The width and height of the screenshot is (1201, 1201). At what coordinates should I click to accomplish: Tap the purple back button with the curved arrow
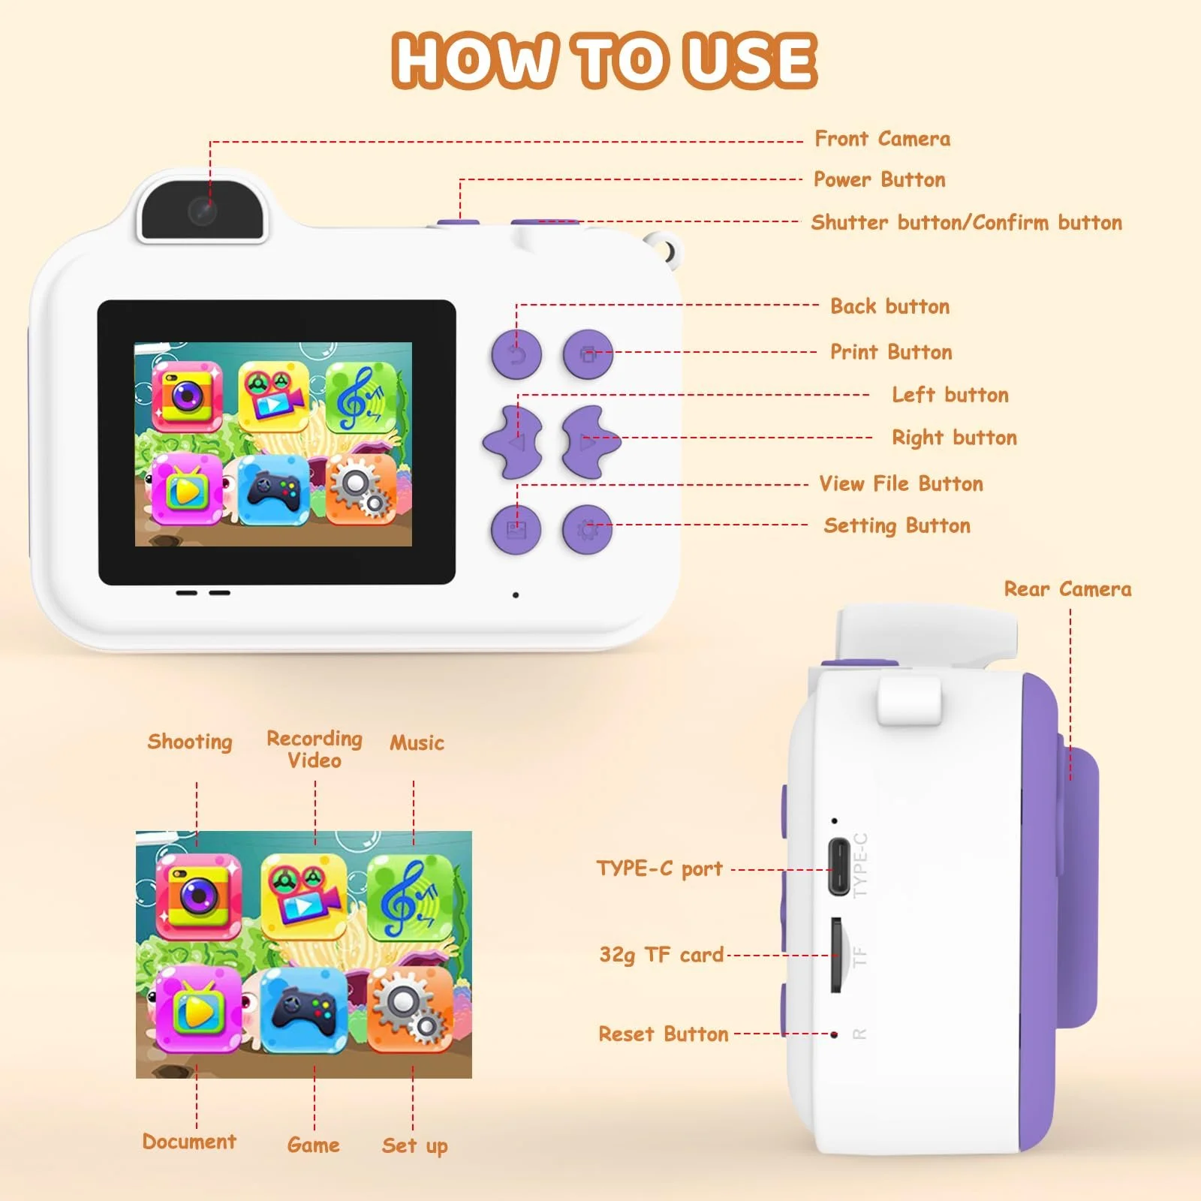pyautogui.click(x=516, y=354)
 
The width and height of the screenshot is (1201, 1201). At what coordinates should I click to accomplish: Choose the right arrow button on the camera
pyautogui.click(x=591, y=442)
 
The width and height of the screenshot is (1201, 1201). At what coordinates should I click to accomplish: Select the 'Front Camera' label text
pyautogui.click(x=883, y=139)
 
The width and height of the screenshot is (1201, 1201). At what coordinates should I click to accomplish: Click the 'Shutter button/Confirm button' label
pyautogui.click(x=967, y=222)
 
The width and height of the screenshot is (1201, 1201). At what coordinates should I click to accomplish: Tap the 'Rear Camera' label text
pyautogui.click(x=1067, y=589)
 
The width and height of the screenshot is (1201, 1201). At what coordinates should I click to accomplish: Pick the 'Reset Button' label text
pyautogui.click(x=664, y=1034)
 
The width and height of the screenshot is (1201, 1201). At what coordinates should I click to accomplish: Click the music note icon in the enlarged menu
pyautogui.click(x=410, y=898)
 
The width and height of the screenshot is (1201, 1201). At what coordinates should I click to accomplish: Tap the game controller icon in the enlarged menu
pyautogui.click(x=303, y=1010)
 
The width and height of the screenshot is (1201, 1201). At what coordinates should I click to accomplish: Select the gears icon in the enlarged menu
pyautogui.click(x=410, y=1010)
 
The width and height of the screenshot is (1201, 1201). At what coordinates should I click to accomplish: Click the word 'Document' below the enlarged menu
pyautogui.click(x=189, y=1142)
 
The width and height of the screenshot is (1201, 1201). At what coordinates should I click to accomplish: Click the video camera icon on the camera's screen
pyautogui.click(x=274, y=397)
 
